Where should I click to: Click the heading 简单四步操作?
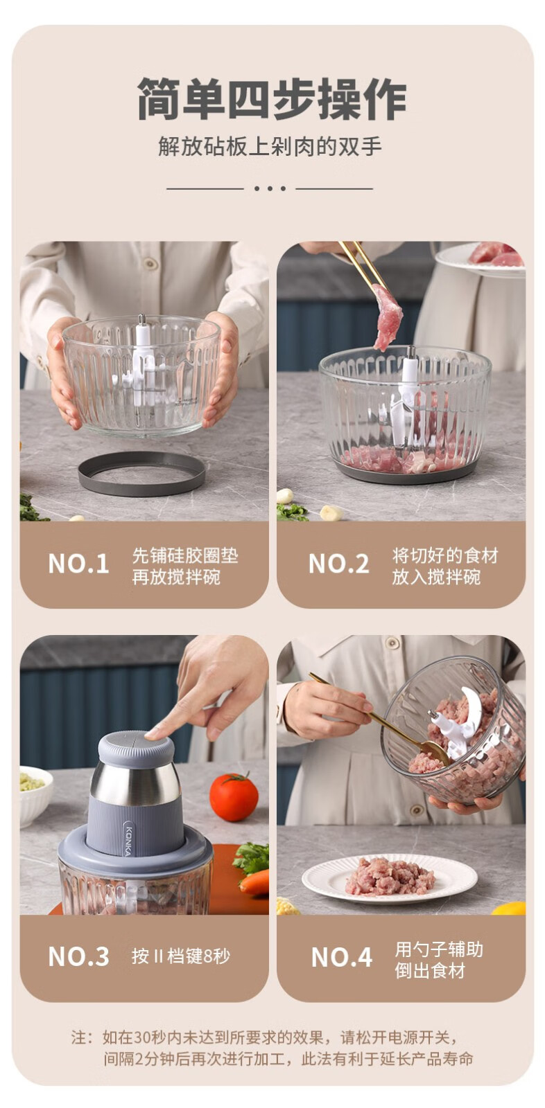click(272, 98)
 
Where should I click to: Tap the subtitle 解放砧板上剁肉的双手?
click(270, 147)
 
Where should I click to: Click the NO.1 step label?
click(78, 564)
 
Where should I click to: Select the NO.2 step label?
click(338, 564)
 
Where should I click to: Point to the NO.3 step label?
click(78, 956)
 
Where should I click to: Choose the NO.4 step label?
click(341, 956)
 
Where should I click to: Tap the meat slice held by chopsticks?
click(387, 316)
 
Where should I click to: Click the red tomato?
click(234, 797)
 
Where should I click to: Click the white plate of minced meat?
click(390, 879)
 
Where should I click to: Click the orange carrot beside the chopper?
click(254, 884)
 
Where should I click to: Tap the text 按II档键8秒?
click(181, 956)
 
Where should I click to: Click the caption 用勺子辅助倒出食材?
click(438, 960)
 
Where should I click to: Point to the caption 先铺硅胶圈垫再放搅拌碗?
click(185, 566)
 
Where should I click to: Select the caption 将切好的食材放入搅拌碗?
click(445, 566)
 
